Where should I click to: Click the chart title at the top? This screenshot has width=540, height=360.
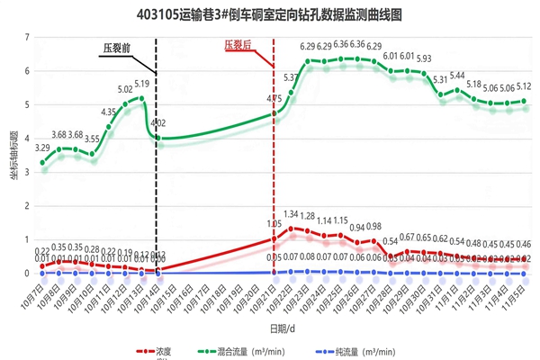point(270,15)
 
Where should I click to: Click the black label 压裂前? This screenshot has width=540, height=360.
point(116,48)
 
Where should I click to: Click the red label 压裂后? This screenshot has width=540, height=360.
point(238,43)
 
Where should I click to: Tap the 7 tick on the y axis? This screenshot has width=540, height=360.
point(28,37)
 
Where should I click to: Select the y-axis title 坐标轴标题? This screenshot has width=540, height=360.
point(14,171)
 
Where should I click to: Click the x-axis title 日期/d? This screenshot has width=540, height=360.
point(282,327)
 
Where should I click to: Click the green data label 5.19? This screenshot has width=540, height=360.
point(141,85)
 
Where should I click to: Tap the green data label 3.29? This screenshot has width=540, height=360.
point(42,148)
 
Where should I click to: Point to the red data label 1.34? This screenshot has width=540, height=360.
point(291,215)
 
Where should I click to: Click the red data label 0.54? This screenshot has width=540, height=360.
point(391,241)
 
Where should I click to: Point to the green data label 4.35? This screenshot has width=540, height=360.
point(108,112)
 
